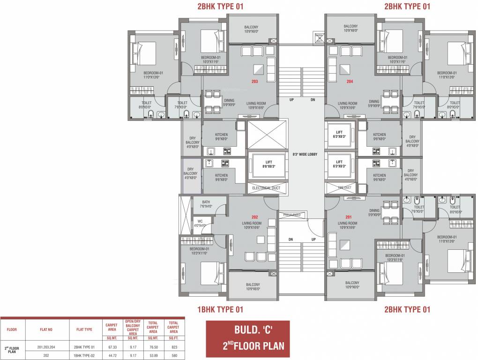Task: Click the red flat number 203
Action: coord(254,81)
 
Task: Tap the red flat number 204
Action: coord(350,81)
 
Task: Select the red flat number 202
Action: coord(254,217)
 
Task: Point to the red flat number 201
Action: coord(348,217)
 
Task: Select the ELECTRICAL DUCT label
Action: coord(266,188)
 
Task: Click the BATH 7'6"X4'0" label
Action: coord(206,204)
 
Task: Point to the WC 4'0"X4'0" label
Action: coord(200,223)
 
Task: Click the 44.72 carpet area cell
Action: coord(111,355)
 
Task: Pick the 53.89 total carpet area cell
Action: coord(153,355)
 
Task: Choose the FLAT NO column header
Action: coord(46,330)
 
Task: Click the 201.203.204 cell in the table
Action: coord(46,347)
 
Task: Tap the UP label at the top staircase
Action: coord(291,99)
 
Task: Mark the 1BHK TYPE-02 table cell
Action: coord(84,355)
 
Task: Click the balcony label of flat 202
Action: coord(253,286)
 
